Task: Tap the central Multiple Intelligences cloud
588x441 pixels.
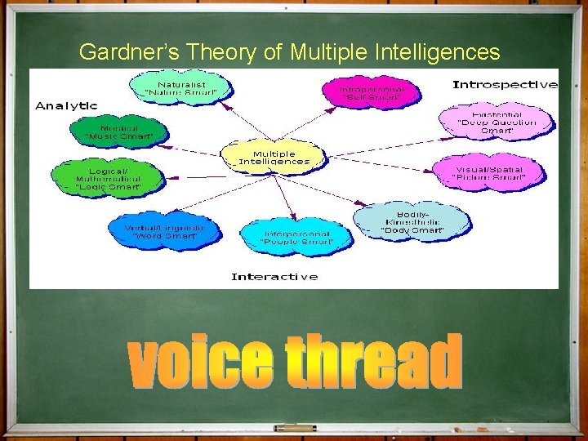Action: coord(274,158)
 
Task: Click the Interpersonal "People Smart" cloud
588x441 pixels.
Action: coord(296,236)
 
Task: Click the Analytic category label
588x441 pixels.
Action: coord(66,106)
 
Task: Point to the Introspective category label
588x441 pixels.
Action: coord(505,84)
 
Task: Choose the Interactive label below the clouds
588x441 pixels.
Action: coord(274,277)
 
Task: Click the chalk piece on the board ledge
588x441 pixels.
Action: coord(295,427)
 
